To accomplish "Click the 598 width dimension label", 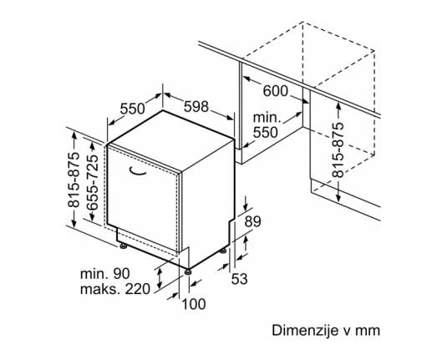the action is click(x=196, y=107).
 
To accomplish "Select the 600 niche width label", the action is click(x=276, y=91).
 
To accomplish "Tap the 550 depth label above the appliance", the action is click(x=133, y=109).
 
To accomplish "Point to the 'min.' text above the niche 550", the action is click(x=267, y=118).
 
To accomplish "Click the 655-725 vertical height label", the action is click(x=92, y=183).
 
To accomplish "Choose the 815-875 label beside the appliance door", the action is click(x=74, y=180).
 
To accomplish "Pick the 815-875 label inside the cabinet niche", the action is click(x=338, y=150).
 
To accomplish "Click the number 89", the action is click(x=253, y=221).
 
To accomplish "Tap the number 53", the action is click(x=239, y=279).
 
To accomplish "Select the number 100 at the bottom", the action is click(x=194, y=304).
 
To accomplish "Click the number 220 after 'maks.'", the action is click(x=138, y=289).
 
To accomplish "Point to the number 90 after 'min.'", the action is click(x=121, y=274).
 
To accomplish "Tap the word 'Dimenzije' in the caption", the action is click(x=304, y=331).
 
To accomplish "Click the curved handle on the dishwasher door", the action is click(x=137, y=170).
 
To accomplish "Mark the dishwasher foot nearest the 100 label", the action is click(x=188, y=271).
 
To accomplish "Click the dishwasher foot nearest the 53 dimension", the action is click(x=223, y=251).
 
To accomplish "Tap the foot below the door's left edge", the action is click(x=124, y=246).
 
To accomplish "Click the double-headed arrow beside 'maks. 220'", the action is click(x=160, y=278).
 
